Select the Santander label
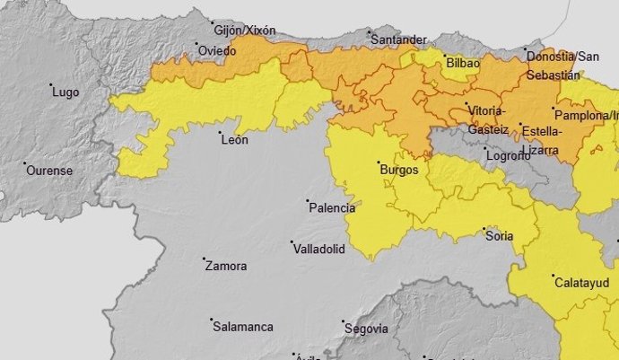(x=398, y=40)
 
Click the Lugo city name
(x=66, y=92)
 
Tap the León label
(x=234, y=139)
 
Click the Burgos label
(x=399, y=169)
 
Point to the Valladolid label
(x=318, y=249)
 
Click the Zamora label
(x=226, y=266)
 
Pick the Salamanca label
(x=242, y=327)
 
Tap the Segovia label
(x=366, y=329)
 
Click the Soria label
(x=499, y=236)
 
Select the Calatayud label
(x=581, y=282)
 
